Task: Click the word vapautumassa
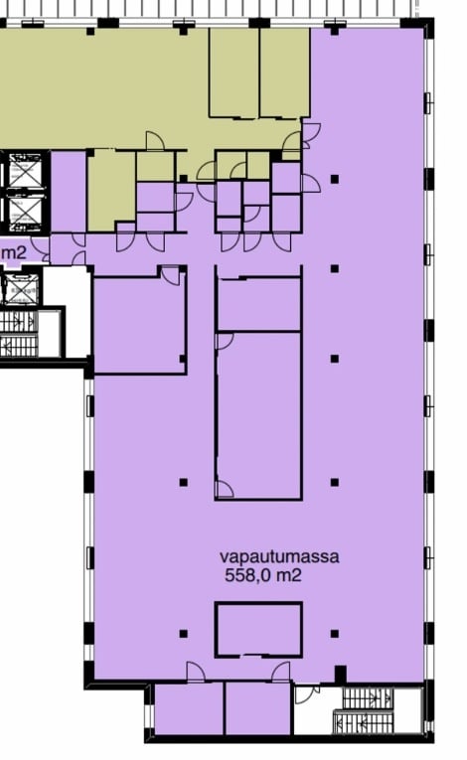coord(279,557)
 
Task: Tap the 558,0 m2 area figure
coord(263,575)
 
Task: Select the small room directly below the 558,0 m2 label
coord(258,630)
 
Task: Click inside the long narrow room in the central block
coord(259,415)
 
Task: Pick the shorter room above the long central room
coord(259,304)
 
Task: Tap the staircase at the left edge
coord(19,333)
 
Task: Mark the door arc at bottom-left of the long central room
coord(225,490)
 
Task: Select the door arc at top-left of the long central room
coord(225,341)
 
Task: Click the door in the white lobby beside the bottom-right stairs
coord(307,694)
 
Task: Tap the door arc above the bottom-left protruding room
coord(196,672)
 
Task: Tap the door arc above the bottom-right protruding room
coord(281,672)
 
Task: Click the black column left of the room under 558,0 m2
coord(183,634)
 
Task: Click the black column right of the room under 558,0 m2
coord(335,634)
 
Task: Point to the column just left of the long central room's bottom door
coord(183,482)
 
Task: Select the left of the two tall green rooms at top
coord(233,73)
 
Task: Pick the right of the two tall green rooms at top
coord(284,73)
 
